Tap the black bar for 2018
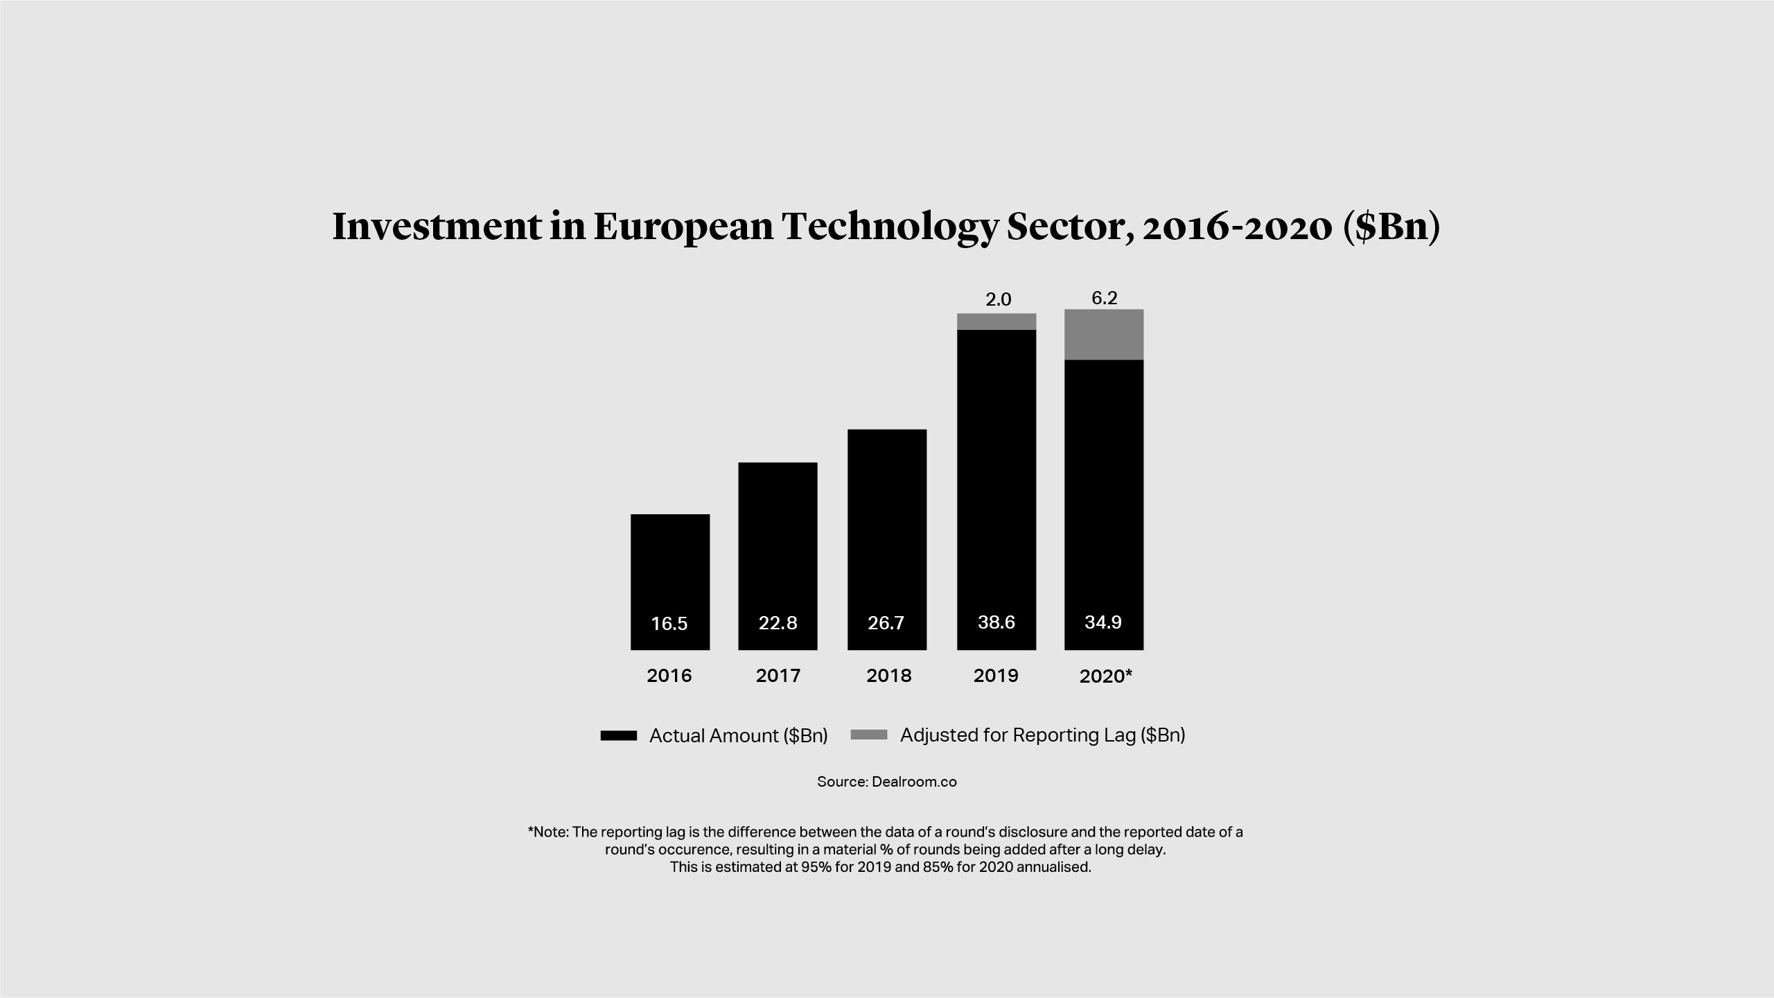887,520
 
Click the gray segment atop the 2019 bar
996,322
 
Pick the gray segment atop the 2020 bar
1104,335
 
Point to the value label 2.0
999,299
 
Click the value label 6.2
1105,298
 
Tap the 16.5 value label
669,624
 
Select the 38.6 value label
996,622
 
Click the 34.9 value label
1103,622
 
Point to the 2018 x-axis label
889,676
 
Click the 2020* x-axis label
1105,676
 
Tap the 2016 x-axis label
669,676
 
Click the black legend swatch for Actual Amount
619,736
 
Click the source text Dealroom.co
914,782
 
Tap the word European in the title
683,227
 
